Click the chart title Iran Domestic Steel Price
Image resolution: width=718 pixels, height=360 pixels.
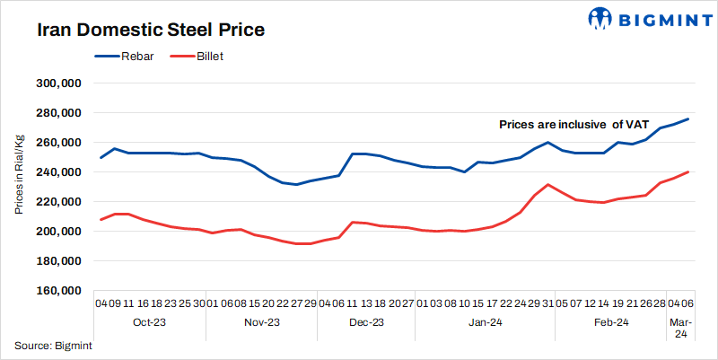pyautogui.click(x=151, y=31)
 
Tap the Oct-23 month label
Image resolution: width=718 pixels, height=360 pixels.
pyautogui.click(x=149, y=322)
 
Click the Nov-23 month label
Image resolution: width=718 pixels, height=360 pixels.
pyautogui.click(x=262, y=322)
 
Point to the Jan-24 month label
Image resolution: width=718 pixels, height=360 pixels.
pyautogui.click(x=485, y=322)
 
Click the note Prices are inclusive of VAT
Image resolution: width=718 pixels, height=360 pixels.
pyautogui.click(x=574, y=125)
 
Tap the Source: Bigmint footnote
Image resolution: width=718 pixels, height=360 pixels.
pyautogui.click(x=54, y=346)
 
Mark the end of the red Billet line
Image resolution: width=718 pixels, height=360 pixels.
pyautogui.click(x=688, y=171)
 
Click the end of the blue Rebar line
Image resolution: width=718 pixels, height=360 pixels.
pyautogui.click(x=688, y=119)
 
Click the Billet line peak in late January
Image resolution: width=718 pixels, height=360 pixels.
pyautogui.click(x=548, y=185)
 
